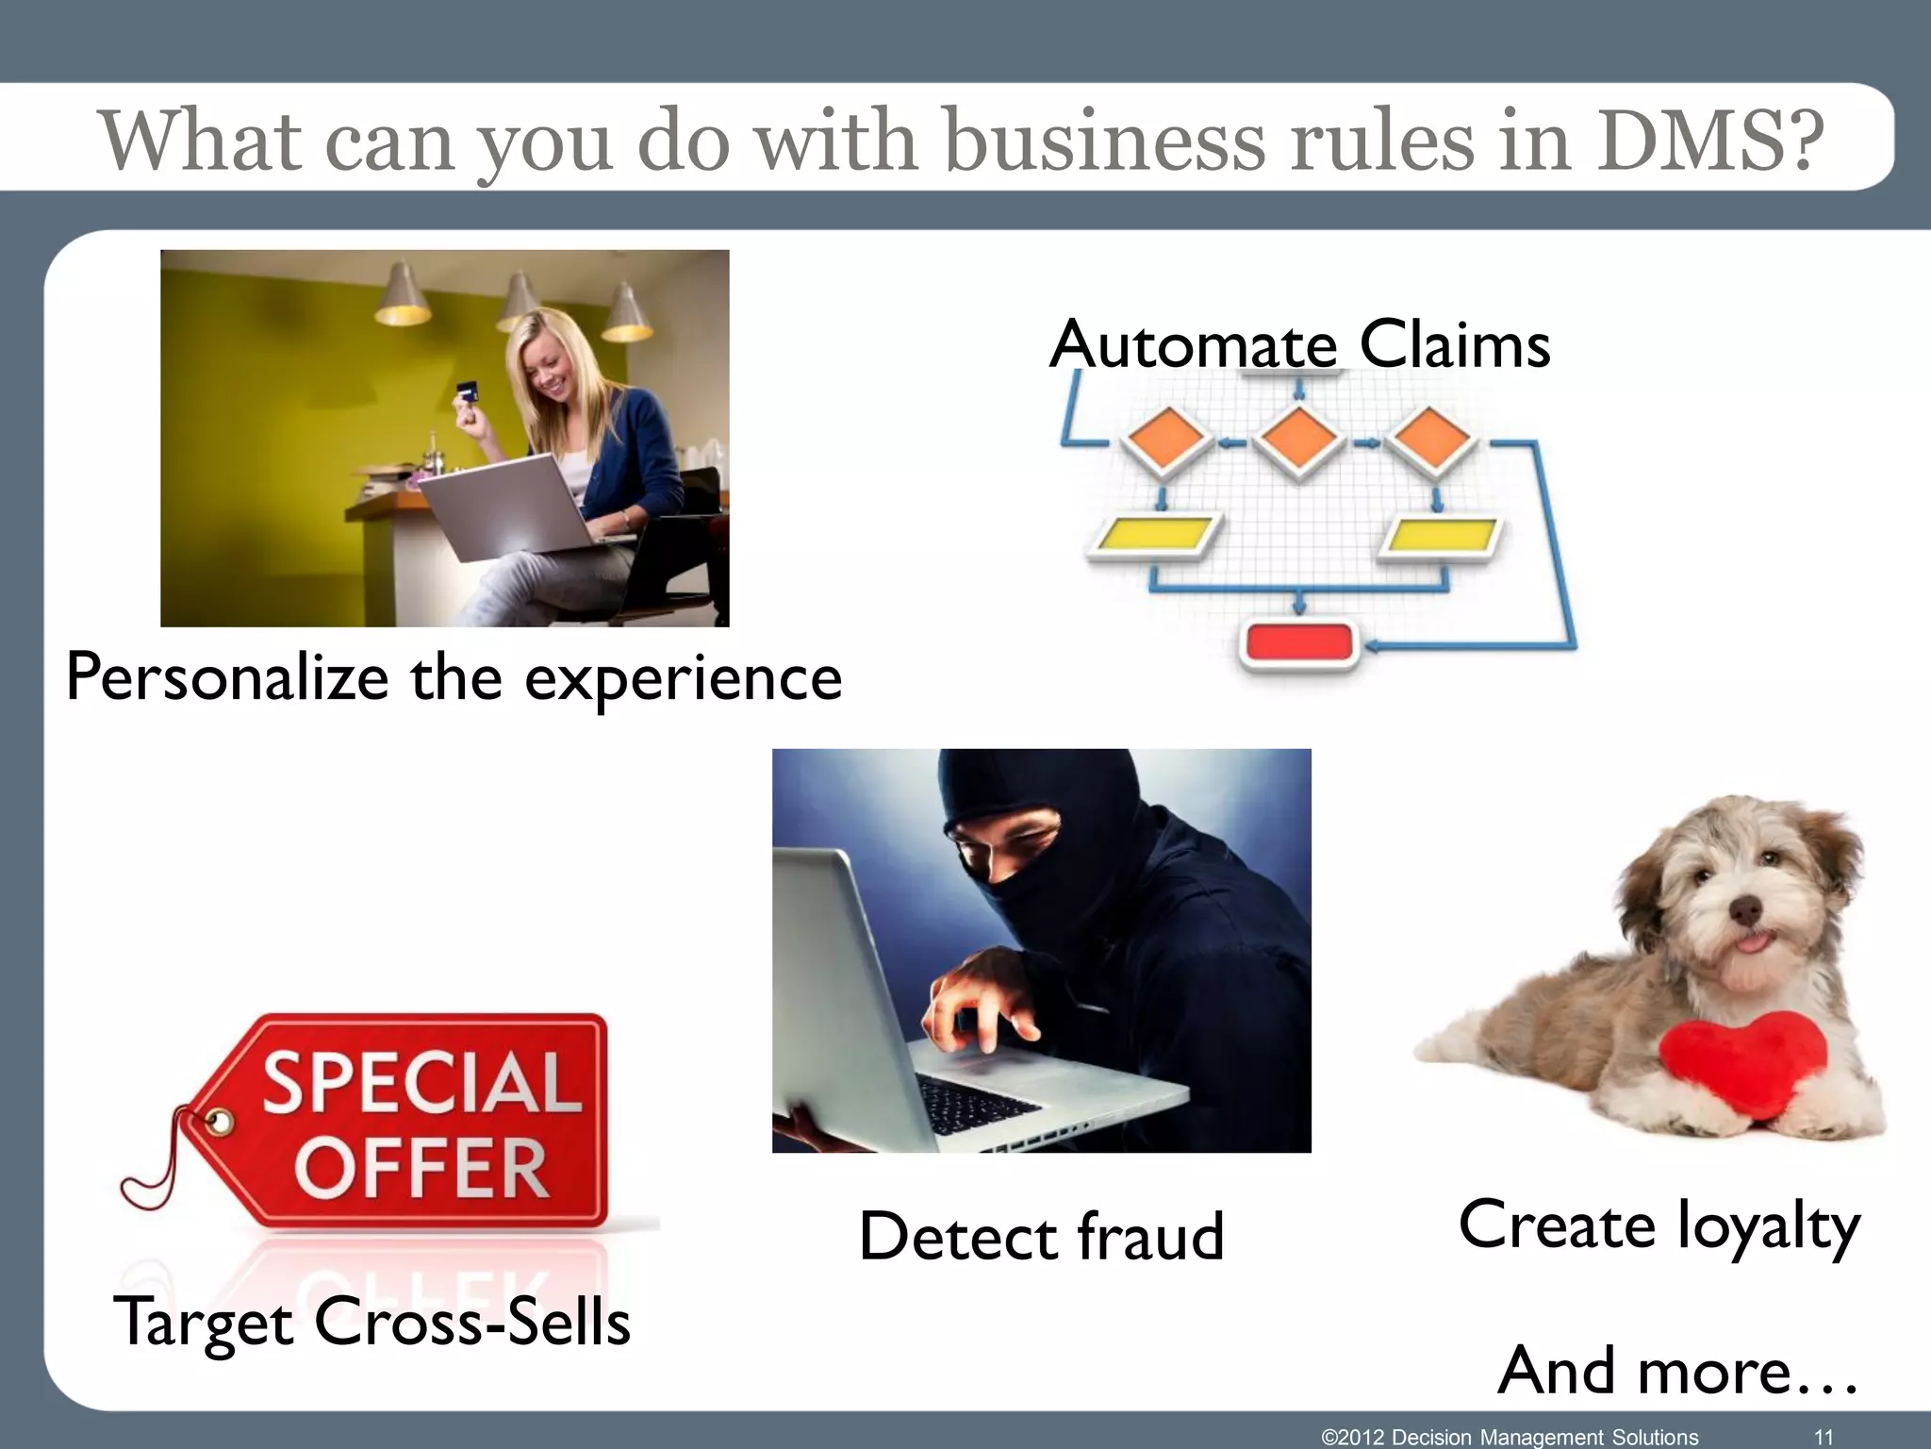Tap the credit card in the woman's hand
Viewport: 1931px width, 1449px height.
[465, 391]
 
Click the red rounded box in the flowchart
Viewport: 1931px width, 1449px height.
[1299, 643]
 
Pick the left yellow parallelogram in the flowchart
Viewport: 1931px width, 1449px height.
[1155, 537]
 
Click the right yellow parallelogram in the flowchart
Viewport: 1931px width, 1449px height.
[1442, 537]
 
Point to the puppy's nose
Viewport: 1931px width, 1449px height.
[1745, 910]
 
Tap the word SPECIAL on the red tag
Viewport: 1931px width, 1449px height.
[421, 1083]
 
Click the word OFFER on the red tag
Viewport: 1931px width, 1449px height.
[421, 1168]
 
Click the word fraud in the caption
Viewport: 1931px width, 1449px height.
[1150, 1236]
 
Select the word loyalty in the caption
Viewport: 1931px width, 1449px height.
[1768, 1226]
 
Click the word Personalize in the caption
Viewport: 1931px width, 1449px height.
[227, 677]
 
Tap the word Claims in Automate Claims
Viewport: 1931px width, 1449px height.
[1454, 344]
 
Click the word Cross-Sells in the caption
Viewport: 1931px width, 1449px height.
[471, 1321]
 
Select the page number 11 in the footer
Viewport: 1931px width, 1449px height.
[1824, 1437]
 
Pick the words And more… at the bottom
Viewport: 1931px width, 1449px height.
[1678, 1370]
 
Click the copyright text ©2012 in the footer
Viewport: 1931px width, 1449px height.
[1353, 1437]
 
